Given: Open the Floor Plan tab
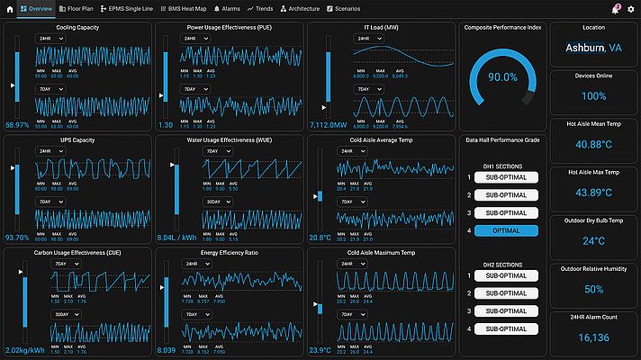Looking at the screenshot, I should pyautogui.click(x=76, y=8).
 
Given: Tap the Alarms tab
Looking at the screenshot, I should pyautogui.click(x=227, y=8).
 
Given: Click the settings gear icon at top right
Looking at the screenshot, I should pyautogui.click(x=630, y=8).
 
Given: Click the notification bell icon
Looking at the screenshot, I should pyautogui.click(x=617, y=8).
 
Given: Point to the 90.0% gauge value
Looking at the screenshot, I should pyautogui.click(x=502, y=77).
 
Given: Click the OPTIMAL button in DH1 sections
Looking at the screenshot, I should pyautogui.click(x=505, y=231).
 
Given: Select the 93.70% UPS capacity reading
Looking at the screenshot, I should pyautogui.click(x=18, y=238).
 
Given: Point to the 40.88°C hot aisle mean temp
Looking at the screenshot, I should pyautogui.click(x=593, y=144).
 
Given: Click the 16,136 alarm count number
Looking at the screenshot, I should pyautogui.click(x=593, y=337).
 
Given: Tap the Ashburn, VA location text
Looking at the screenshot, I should pyautogui.click(x=593, y=48).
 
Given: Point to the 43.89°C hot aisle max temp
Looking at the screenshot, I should pyautogui.click(x=593, y=193).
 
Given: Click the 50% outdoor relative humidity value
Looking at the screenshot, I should pyautogui.click(x=593, y=289).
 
